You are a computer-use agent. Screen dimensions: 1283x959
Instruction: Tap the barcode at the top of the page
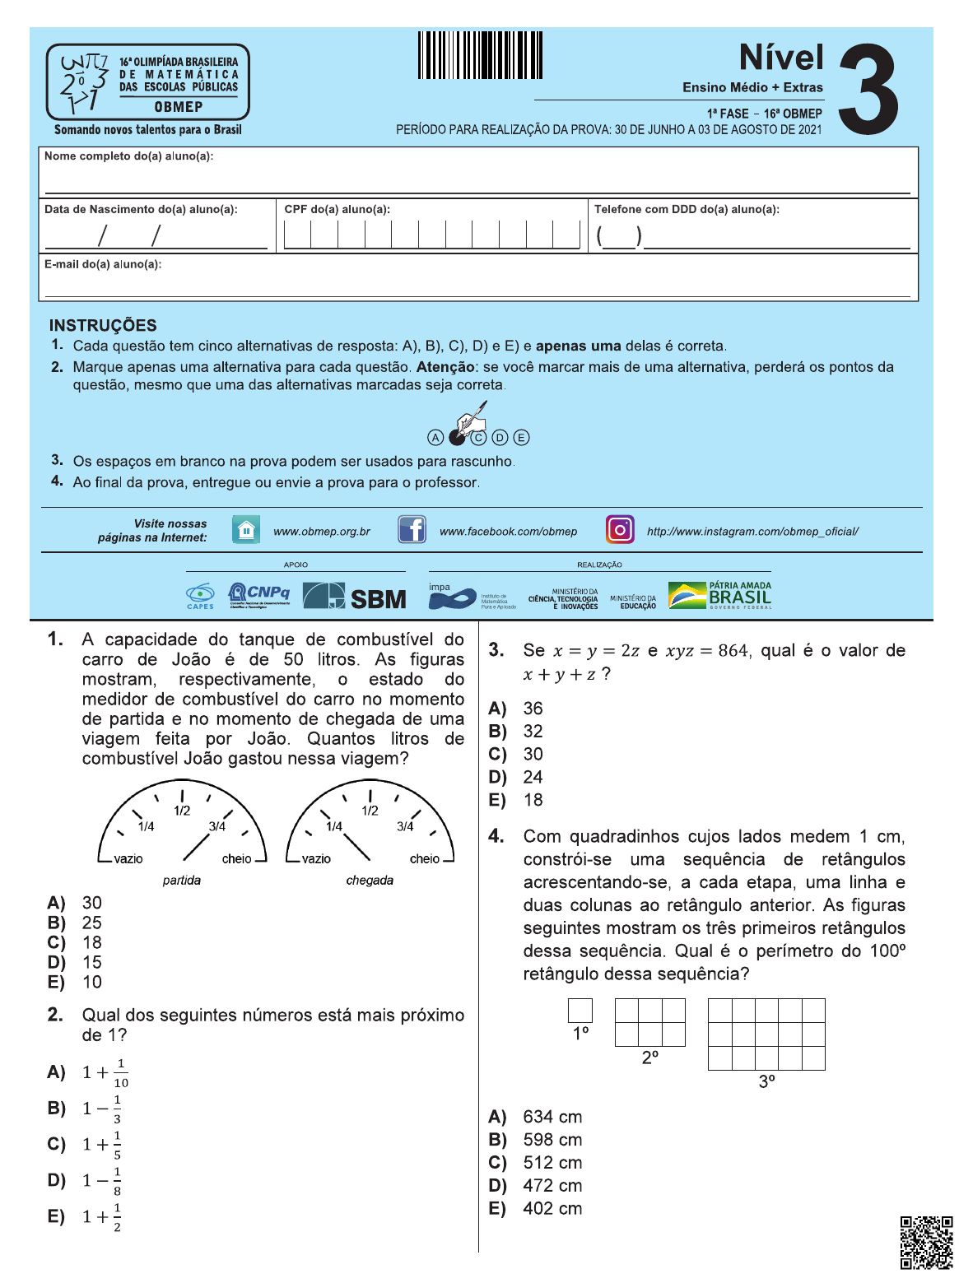click(x=480, y=55)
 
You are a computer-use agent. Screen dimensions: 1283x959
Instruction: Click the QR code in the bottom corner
click(x=926, y=1242)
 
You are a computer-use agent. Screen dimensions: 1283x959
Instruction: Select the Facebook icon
click(x=412, y=529)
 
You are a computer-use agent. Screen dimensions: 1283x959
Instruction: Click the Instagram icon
click(x=620, y=529)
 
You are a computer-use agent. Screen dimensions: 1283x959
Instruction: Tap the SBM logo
click(x=355, y=597)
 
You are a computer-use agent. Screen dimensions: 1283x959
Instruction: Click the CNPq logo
click(x=258, y=594)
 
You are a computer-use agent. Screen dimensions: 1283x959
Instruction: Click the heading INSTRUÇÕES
click(x=103, y=325)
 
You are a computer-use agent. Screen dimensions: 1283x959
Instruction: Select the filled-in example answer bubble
click(x=457, y=438)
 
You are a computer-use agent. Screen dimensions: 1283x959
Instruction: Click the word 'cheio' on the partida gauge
click(x=236, y=859)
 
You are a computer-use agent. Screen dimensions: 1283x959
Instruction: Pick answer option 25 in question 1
click(x=91, y=923)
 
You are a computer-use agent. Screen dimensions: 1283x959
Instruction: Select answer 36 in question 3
click(x=533, y=709)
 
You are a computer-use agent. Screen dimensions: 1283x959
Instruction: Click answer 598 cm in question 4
click(x=552, y=1140)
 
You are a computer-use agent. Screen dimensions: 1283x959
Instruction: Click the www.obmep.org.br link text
click(x=322, y=532)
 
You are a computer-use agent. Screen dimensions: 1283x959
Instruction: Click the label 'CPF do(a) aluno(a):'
click(x=338, y=210)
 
